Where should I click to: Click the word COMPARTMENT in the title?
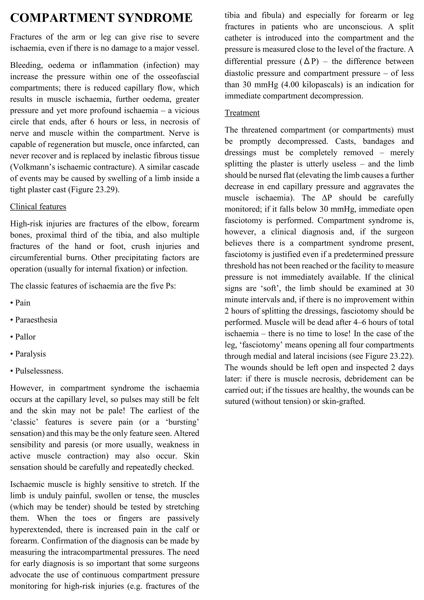(62, 18)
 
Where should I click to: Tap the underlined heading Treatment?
(242, 113)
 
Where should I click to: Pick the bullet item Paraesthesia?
(36, 320)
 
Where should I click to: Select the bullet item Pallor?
(25, 337)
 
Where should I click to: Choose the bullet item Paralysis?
(30, 354)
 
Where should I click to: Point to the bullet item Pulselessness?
(39, 371)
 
